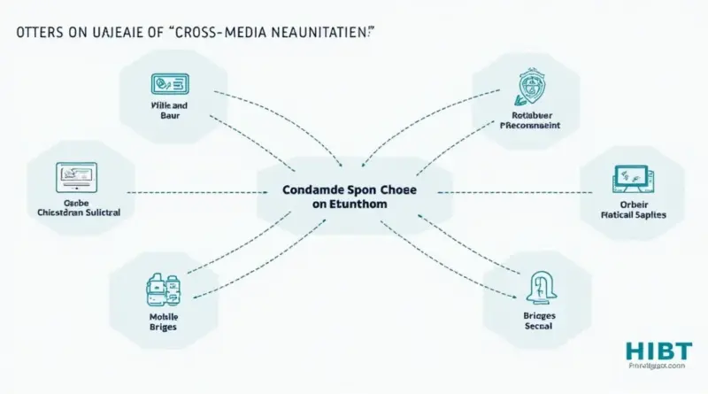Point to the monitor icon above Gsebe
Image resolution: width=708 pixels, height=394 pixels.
[76, 174]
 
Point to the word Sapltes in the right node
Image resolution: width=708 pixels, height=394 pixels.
[651, 214]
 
